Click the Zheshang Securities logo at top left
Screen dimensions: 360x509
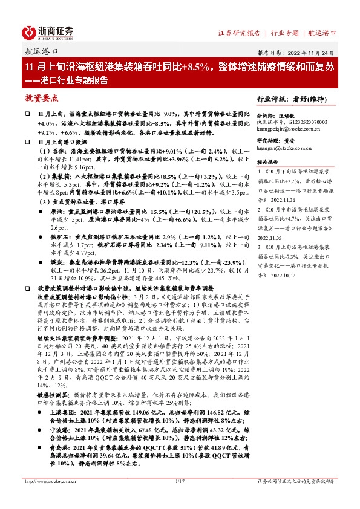[48, 31]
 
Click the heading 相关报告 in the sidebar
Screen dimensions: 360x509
[267, 162]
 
